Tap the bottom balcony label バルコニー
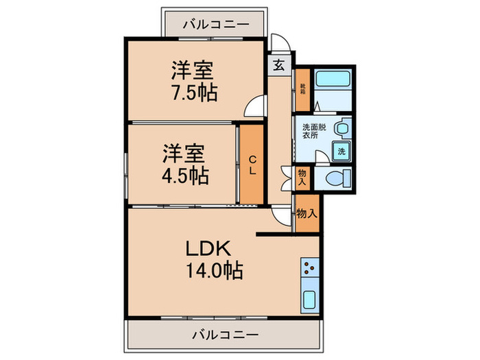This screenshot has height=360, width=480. (x=224, y=335)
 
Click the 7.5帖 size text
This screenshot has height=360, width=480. (x=194, y=93)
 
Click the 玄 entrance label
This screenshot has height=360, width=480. (x=280, y=66)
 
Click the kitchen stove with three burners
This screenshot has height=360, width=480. (x=310, y=267)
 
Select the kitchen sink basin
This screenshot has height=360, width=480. (x=310, y=300)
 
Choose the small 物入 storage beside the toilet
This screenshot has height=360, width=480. (x=302, y=178)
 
